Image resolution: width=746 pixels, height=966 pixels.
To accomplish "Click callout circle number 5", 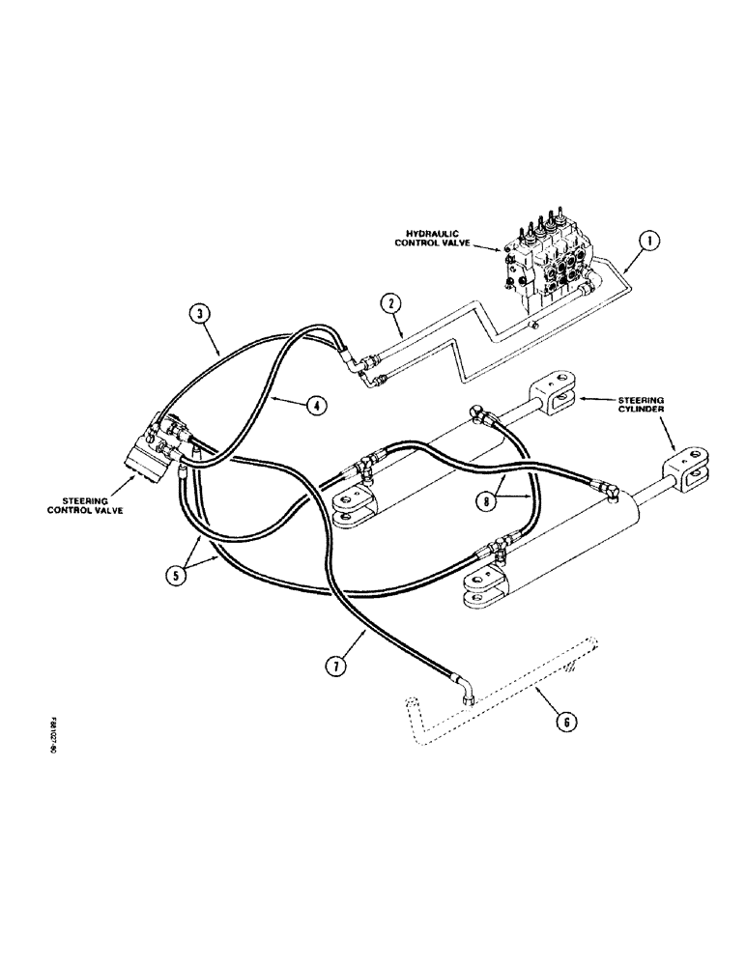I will tap(178, 575).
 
